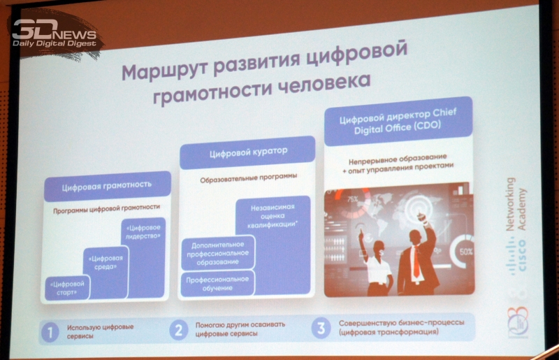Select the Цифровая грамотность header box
click(108, 185)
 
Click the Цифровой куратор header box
click(247, 152)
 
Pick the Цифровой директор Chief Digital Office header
click(398, 121)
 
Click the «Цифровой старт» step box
click(67, 287)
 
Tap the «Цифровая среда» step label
click(106, 262)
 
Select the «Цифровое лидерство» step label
click(143, 231)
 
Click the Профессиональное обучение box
click(217, 283)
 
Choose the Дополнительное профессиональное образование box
click(218, 253)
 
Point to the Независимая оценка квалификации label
click(273, 215)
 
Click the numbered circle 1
click(50, 332)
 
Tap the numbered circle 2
click(179, 330)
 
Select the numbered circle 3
click(321, 328)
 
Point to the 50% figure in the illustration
click(465, 252)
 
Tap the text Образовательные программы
click(249, 178)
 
